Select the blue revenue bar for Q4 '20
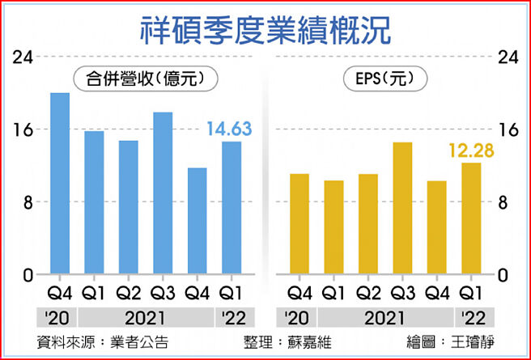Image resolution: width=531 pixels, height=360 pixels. [60, 184]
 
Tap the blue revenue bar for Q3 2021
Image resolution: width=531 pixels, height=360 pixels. [163, 193]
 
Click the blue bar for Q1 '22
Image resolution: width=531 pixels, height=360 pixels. [232, 208]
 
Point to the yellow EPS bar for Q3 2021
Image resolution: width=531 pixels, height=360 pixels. [402, 209]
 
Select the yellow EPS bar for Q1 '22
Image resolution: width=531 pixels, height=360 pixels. [471, 218]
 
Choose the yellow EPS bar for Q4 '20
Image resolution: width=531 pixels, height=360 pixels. [299, 224]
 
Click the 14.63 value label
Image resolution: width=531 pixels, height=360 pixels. [229, 129]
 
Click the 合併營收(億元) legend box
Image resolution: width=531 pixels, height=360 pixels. [136, 78]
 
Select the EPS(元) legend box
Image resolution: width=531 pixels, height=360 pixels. [385, 78]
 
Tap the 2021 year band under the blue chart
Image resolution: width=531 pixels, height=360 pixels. [146, 317]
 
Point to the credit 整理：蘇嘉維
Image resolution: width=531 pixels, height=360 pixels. [287, 341]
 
